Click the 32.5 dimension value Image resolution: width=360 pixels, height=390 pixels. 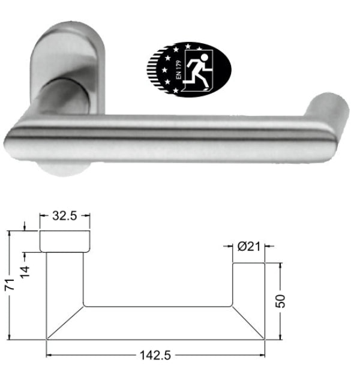pyautogui.click(x=64, y=217)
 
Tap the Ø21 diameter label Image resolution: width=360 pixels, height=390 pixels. pyautogui.click(x=249, y=245)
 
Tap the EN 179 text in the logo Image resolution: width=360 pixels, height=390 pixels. pyautogui.click(x=178, y=77)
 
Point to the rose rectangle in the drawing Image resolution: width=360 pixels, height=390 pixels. pyautogui.click(x=65, y=240)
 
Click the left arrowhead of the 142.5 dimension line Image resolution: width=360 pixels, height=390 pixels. pyautogui.click(x=50, y=355)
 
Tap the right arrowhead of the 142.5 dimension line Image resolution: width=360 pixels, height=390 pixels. pyautogui.click(x=262, y=355)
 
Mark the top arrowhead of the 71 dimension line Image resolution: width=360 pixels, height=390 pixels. pyautogui.click(x=10, y=233)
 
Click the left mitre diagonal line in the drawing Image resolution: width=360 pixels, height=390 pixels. pyautogui.click(x=65, y=323)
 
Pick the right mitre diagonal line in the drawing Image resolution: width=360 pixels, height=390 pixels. pyautogui.click(x=248, y=323)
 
